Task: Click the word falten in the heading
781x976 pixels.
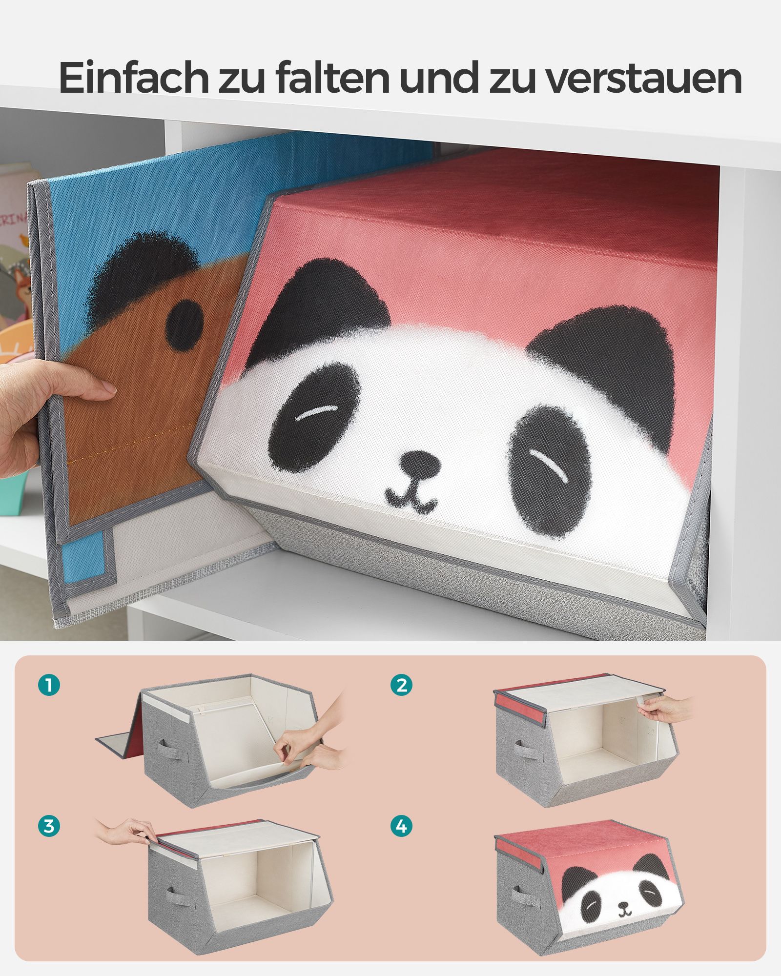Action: tap(332, 78)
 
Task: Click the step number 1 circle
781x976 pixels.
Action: tap(49, 685)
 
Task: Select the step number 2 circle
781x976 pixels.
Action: tap(401, 685)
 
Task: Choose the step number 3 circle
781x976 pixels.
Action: tap(49, 826)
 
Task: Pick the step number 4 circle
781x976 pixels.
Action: tap(401, 826)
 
